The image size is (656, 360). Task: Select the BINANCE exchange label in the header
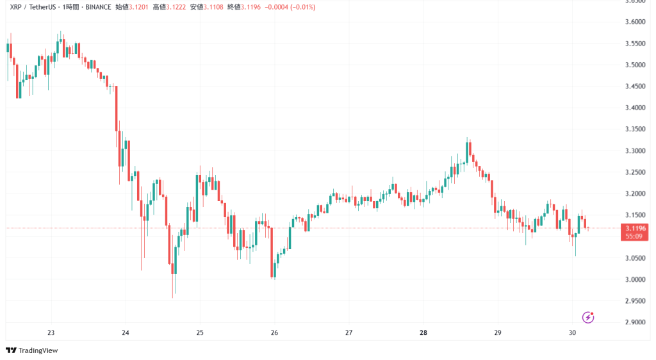click(97, 7)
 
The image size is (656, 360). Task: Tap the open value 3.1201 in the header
click(139, 7)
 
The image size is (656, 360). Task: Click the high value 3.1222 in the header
click(177, 7)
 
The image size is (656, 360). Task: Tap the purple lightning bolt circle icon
click(588, 317)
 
